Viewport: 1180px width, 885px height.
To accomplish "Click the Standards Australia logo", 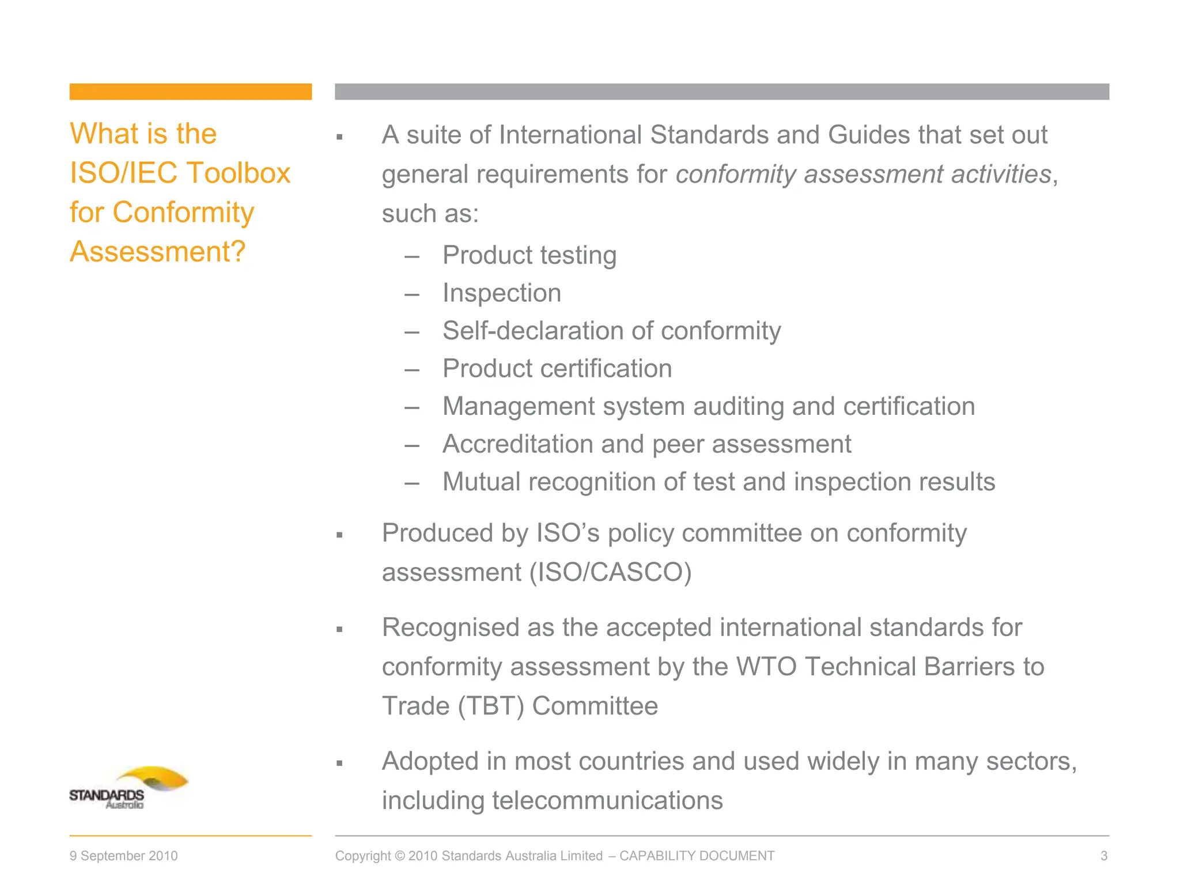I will pyautogui.click(x=128, y=788).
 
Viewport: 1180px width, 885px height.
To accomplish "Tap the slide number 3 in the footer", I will pyautogui.click(x=1103, y=856).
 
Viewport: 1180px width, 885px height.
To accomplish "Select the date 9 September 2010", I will pyautogui.click(x=123, y=856).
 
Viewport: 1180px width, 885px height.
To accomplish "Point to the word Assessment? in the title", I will pyautogui.click(x=157, y=252).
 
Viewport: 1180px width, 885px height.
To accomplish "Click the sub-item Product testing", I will pyautogui.click(x=529, y=255).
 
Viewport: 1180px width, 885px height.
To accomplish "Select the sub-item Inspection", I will pyautogui.click(x=501, y=293).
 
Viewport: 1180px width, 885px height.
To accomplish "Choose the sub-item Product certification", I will pyautogui.click(x=557, y=369).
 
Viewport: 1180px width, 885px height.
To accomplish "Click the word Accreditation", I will pyautogui.click(x=517, y=444).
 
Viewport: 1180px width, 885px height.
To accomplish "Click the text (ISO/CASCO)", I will pyautogui.click(x=610, y=573).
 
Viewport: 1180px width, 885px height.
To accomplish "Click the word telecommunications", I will pyautogui.click(x=607, y=801).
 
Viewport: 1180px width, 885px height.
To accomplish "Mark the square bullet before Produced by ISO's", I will pyautogui.click(x=339, y=535).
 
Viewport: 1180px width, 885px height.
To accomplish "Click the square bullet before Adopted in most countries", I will pyautogui.click(x=339, y=763).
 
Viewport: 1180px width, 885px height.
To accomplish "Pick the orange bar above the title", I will pyautogui.click(x=190, y=92).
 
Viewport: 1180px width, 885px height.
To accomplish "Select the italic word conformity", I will pyautogui.click(x=736, y=175).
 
